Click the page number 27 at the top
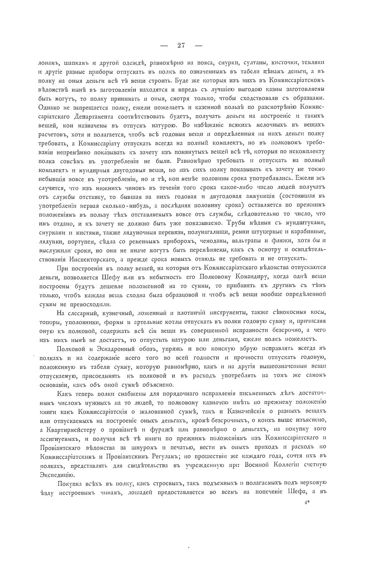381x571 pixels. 181,45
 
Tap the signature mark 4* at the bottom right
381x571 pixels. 307,502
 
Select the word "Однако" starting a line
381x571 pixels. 49,107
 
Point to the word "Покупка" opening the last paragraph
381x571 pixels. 70,483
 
